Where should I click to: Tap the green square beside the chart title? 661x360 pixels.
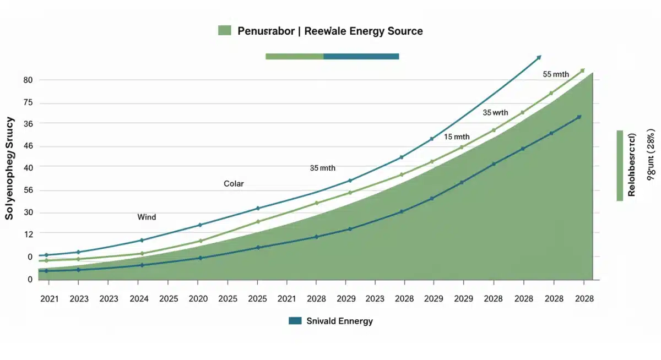point(225,31)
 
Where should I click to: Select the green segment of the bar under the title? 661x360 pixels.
point(294,56)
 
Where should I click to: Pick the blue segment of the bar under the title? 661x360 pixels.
point(361,56)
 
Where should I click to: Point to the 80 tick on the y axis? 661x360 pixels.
point(28,80)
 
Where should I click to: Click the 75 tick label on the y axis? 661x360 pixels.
point(28,103)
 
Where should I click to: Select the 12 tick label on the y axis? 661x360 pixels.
point(28,234)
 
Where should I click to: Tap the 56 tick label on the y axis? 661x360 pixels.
point(28,190)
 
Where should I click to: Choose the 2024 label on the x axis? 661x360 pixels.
point(138,299)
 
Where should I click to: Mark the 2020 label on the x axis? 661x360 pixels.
point(198,299)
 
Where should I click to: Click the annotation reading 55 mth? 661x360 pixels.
point(555,74)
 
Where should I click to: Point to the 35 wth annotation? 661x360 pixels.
point(495,113)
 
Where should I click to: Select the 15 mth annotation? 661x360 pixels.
point(457,137)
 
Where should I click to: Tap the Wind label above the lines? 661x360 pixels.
point(147,217)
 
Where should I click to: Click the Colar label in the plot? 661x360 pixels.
point(234,183)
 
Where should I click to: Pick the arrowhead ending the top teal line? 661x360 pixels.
point(539,57)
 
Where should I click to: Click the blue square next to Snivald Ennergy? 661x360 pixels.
point(295,321)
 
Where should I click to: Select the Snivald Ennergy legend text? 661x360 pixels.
point(339,321)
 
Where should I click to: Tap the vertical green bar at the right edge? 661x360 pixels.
point(620,166)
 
